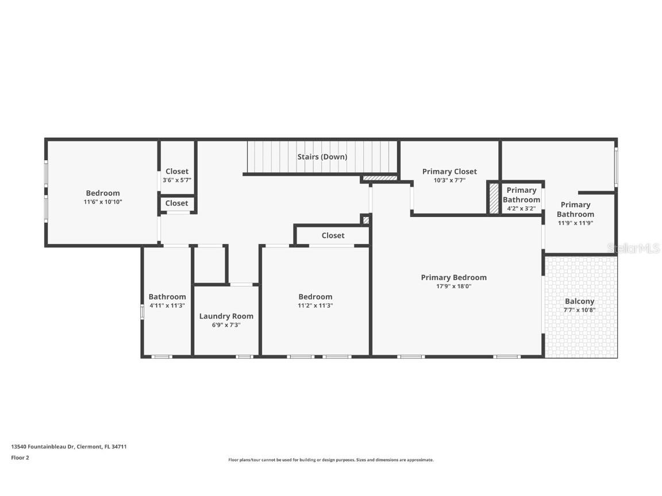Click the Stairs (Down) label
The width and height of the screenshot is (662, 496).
[322, 157]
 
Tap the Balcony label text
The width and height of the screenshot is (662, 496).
[579, 301]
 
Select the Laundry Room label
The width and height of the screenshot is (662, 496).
[226, 316]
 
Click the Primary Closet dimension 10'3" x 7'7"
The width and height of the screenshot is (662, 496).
[449, 180]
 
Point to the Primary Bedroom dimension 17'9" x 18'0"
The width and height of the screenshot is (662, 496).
[453, 286]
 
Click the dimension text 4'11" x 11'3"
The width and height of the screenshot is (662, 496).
[167, 305]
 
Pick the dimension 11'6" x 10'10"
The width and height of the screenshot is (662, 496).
[103, 201]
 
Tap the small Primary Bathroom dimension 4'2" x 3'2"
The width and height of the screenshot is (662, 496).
[521, 208]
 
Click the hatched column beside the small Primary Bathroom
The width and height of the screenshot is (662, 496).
[494, 198]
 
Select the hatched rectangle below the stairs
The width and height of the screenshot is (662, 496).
[380, 179]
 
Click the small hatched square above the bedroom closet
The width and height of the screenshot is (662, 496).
[365, 219]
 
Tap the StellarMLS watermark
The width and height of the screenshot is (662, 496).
[634, 248]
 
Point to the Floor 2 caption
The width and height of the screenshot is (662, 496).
[20, 458]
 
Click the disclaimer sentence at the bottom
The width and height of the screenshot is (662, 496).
[330, 460]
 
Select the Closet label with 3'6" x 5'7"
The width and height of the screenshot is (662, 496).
[176, 171]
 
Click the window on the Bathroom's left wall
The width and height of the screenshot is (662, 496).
[143, 311]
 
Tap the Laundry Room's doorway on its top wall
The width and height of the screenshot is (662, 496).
[241, 284]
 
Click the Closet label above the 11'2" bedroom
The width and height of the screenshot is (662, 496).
[333, 235]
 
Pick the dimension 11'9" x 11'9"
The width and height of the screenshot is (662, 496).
[575, 223]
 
